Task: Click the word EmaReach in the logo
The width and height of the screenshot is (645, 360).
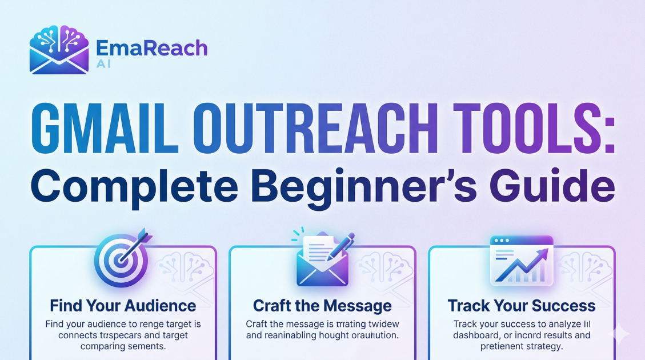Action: (152, 48)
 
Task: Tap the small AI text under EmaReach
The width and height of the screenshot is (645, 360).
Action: (104, 63)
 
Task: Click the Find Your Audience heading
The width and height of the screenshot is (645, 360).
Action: (123, 305)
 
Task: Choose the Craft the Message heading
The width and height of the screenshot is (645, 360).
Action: (322, 305)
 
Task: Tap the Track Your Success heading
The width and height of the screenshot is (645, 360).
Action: (521, 305)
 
